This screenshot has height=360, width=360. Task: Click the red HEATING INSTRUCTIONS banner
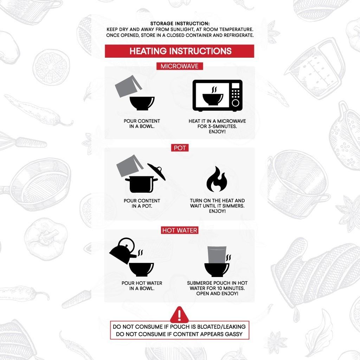click(179, 51)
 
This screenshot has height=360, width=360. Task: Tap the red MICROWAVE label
click(180, 66)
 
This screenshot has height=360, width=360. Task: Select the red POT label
click(180, 148)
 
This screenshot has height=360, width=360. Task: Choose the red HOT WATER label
click(180, 230)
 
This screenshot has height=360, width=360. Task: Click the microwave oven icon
click(217, 96)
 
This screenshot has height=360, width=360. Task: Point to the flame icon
click(217, 179)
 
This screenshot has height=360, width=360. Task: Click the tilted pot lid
click(156, 172)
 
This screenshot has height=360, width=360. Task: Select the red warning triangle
click(179, 315)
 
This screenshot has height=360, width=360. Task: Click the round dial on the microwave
click(236, 103)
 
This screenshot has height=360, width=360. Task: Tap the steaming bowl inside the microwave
click(213, 96)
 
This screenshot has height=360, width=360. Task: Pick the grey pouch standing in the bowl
click(217, 255)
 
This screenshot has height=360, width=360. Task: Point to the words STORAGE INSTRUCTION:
click(180, 24)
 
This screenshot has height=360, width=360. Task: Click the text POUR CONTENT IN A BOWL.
click(142, 123)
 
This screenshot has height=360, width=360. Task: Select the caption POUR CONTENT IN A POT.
click(142, 203)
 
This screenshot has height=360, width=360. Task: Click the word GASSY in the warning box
click(234, 334)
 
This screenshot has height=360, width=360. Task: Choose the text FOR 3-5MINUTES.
click(217, 126)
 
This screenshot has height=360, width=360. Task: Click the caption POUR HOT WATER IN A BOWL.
click(142, 285)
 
